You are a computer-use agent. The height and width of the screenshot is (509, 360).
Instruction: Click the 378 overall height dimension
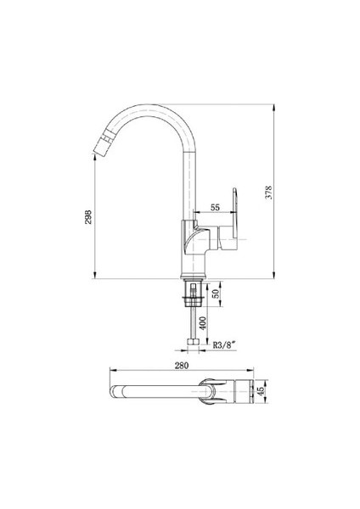(268, 193)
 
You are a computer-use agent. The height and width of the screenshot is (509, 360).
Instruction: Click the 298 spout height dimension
(88, 217)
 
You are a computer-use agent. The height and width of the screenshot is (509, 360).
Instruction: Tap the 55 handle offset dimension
(215, 207)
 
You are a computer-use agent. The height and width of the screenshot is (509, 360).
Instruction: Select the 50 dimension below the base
(215, 294)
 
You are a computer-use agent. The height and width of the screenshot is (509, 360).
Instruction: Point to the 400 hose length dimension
(203, 322)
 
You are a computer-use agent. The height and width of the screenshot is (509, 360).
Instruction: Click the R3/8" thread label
(224, 345)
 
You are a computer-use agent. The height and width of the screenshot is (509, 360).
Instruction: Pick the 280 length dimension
(182, 365)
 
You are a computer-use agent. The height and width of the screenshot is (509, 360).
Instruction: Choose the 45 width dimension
(261, 391)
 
